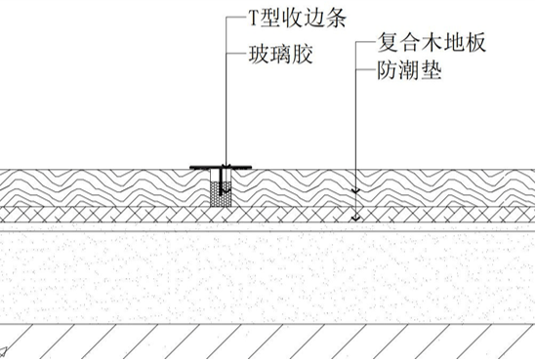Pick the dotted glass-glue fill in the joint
click(x=223, y=192)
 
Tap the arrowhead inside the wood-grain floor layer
click(x=358, y=187)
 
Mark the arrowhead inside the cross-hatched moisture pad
click(x=358, y=216)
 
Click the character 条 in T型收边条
click(x=338, y=19)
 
